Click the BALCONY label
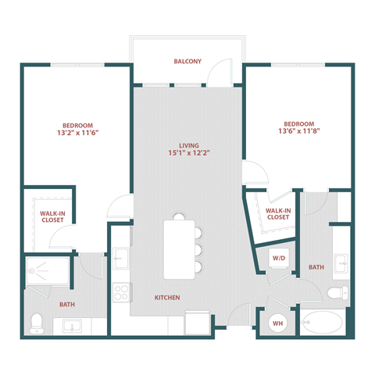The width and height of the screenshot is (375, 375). pyautogui.click(x=187, y=61)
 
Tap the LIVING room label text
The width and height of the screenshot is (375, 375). pyautogui.click(x=188, y=145)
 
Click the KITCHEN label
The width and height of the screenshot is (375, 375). pyautogui.click(x=168, y=298)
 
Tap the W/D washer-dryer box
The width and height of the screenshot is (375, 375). pyautogui.click(x=279, y=258)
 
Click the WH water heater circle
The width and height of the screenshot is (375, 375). pyautogui.click(x=277, y=322)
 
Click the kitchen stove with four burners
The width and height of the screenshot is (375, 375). pyautogui.click(x=122, y=294)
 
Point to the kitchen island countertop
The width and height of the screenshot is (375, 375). pyautogui.click(x=180, y=248)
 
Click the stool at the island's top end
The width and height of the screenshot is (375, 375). pyautogui.click(x=180, y=216)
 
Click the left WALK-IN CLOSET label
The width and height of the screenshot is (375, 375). pyautogui.click(x=53, y=216)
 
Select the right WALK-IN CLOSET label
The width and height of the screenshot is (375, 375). pyautogui.click(x=279, y=213)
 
